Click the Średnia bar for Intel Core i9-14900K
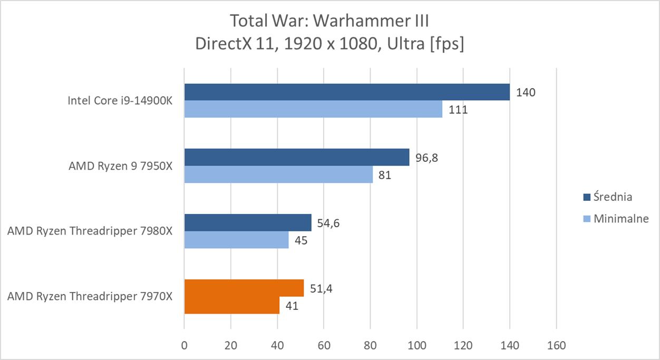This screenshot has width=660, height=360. (347, 92)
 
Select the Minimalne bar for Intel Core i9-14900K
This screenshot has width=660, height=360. (313, 109)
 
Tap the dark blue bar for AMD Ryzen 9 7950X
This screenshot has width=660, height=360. (296, 157)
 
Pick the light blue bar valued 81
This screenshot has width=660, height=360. (278, 174)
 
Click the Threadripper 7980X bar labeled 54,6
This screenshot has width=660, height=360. (248, 222)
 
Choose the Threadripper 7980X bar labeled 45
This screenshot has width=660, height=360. (236, 240)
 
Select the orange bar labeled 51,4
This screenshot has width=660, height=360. (244, 288)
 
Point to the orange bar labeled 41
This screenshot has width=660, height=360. (231, 305)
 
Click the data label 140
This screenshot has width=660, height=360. (526, 93)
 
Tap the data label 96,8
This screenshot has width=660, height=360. (426, 158)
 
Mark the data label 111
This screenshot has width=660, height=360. (458, 110)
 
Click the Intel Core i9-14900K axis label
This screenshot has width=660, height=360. (120, 101)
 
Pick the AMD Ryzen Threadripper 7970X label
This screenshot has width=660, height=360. (90, 296)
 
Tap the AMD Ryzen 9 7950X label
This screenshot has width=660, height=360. (120, 166)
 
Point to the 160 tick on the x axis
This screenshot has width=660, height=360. (556, 346)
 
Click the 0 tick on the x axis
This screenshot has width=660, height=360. (184, 346)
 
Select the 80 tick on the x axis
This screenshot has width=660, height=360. (370, 346)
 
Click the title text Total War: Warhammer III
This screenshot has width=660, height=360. (329, 22)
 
